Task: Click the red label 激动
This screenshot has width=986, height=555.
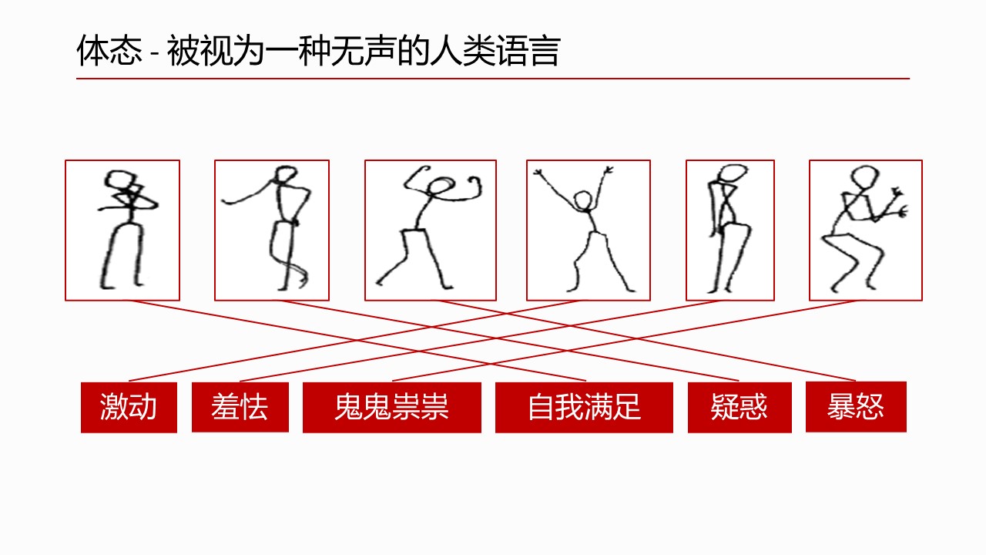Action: [129, 408]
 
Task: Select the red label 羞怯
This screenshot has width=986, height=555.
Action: [240, 408]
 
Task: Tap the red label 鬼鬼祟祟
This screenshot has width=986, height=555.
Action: [392, 408]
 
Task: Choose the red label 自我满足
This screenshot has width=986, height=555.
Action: [584, 408]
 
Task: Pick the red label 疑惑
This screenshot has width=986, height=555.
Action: [739, 408]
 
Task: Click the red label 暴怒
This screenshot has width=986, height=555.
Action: [856, 407]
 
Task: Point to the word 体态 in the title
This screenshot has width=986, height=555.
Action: [109, 51]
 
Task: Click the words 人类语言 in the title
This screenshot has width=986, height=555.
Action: [495, 51]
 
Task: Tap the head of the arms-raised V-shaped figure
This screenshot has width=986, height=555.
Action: [584, 201]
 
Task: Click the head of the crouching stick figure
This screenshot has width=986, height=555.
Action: [864, 177]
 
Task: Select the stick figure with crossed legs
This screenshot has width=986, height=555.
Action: [272, 228]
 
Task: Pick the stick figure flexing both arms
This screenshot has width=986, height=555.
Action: [429, 227]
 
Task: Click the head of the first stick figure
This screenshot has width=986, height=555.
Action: [119, 180]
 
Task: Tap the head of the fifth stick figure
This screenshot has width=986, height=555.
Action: [733, 173]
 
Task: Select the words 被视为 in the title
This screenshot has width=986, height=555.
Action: [216, 51]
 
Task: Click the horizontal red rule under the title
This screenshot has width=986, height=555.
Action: [493, 79]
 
